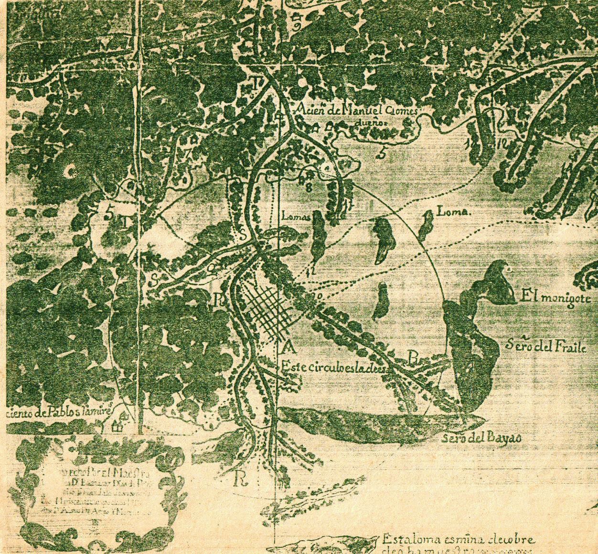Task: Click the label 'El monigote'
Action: coord(556,298)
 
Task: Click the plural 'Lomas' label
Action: coord(296,216)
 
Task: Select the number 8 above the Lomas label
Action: coord(309,187)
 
